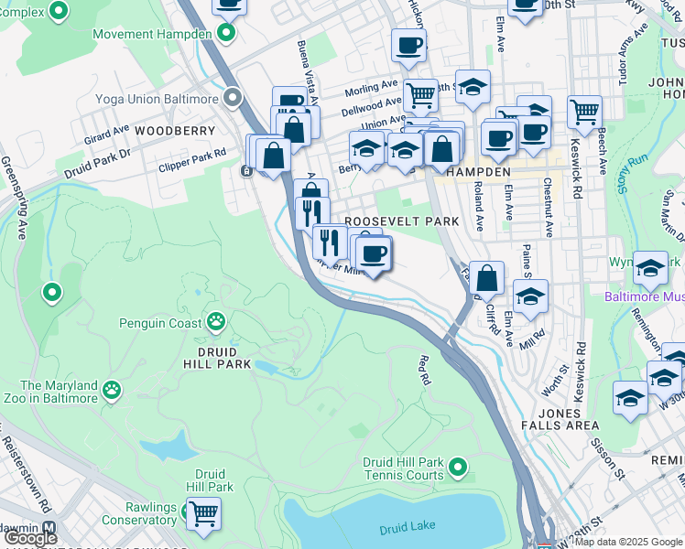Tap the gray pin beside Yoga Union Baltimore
pyautogui.click(x=234, y=97)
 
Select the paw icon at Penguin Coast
pyautogui.click(x=216, y=321)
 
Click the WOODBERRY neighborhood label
pyautogui.click(x=169, y=131)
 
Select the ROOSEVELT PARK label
pyautogui.click(x=401, y=221)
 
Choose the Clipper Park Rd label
pyautogui.click(x=192, y=155)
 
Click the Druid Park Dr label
pyautogui.click(x=97, y=163)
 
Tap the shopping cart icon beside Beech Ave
pyautogui.click(x=584, y=113)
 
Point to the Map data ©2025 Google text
pyautogui.click(x=627, y=542)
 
